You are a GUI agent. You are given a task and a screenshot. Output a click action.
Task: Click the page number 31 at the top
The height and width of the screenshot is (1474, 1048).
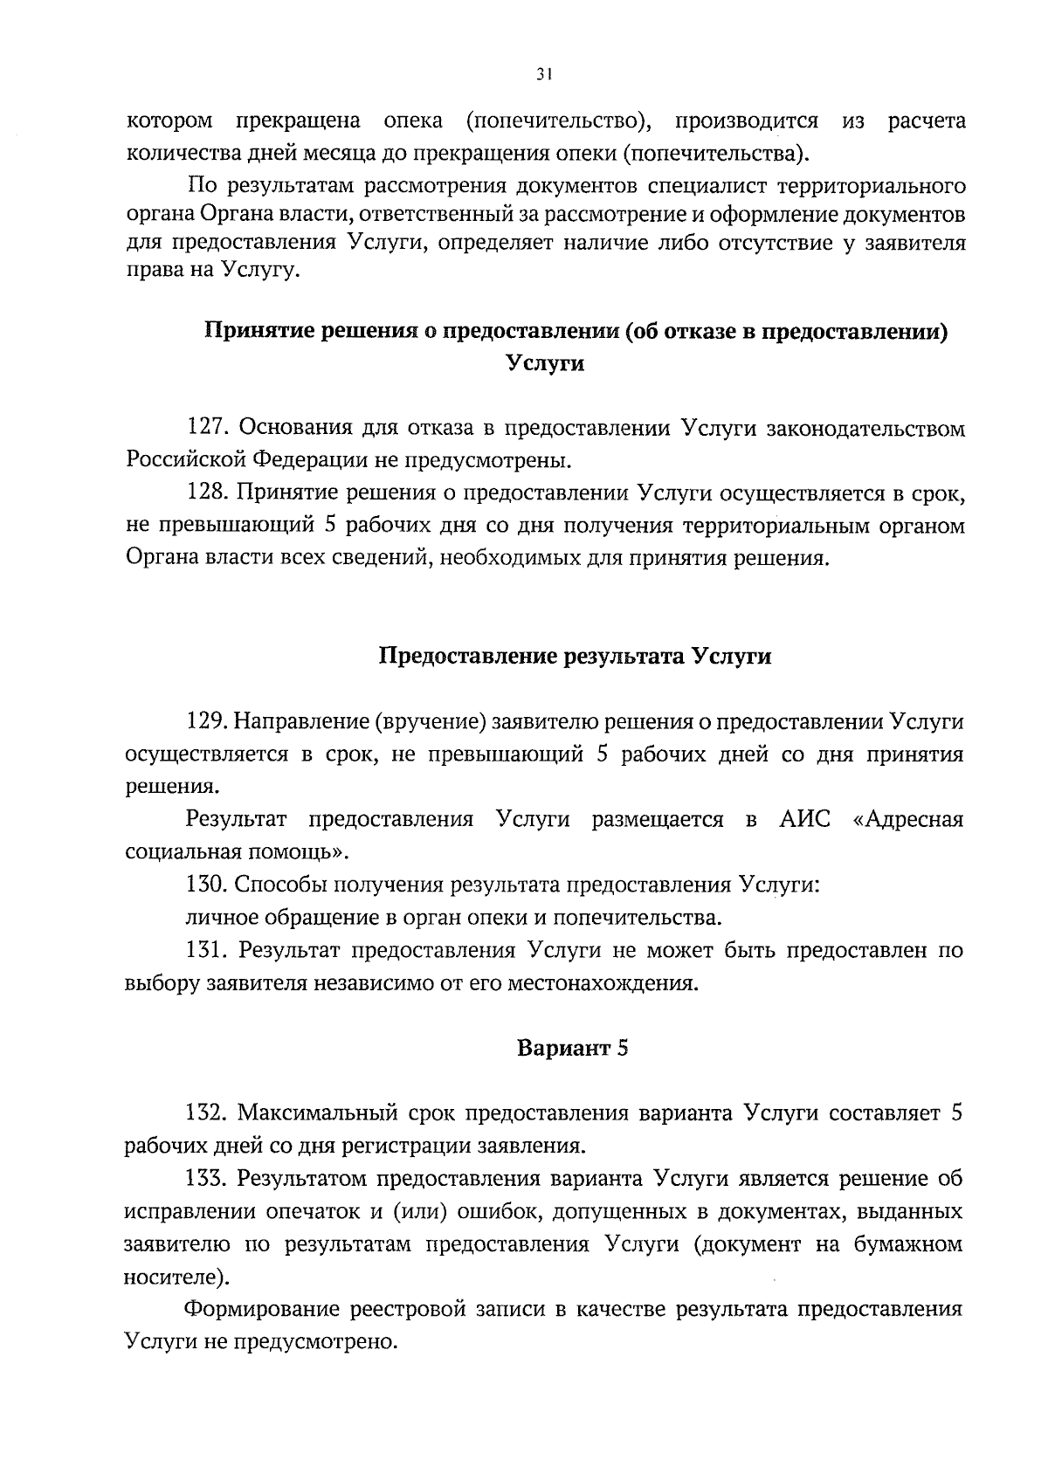click(543, 76)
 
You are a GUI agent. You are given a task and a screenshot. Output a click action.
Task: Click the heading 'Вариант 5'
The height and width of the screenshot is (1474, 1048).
click(573, 1048)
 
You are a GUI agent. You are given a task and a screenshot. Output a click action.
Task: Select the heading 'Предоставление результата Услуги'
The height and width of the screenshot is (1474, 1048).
click(575, 657)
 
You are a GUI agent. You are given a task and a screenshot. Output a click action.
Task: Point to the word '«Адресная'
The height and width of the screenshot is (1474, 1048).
click(907, 820)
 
